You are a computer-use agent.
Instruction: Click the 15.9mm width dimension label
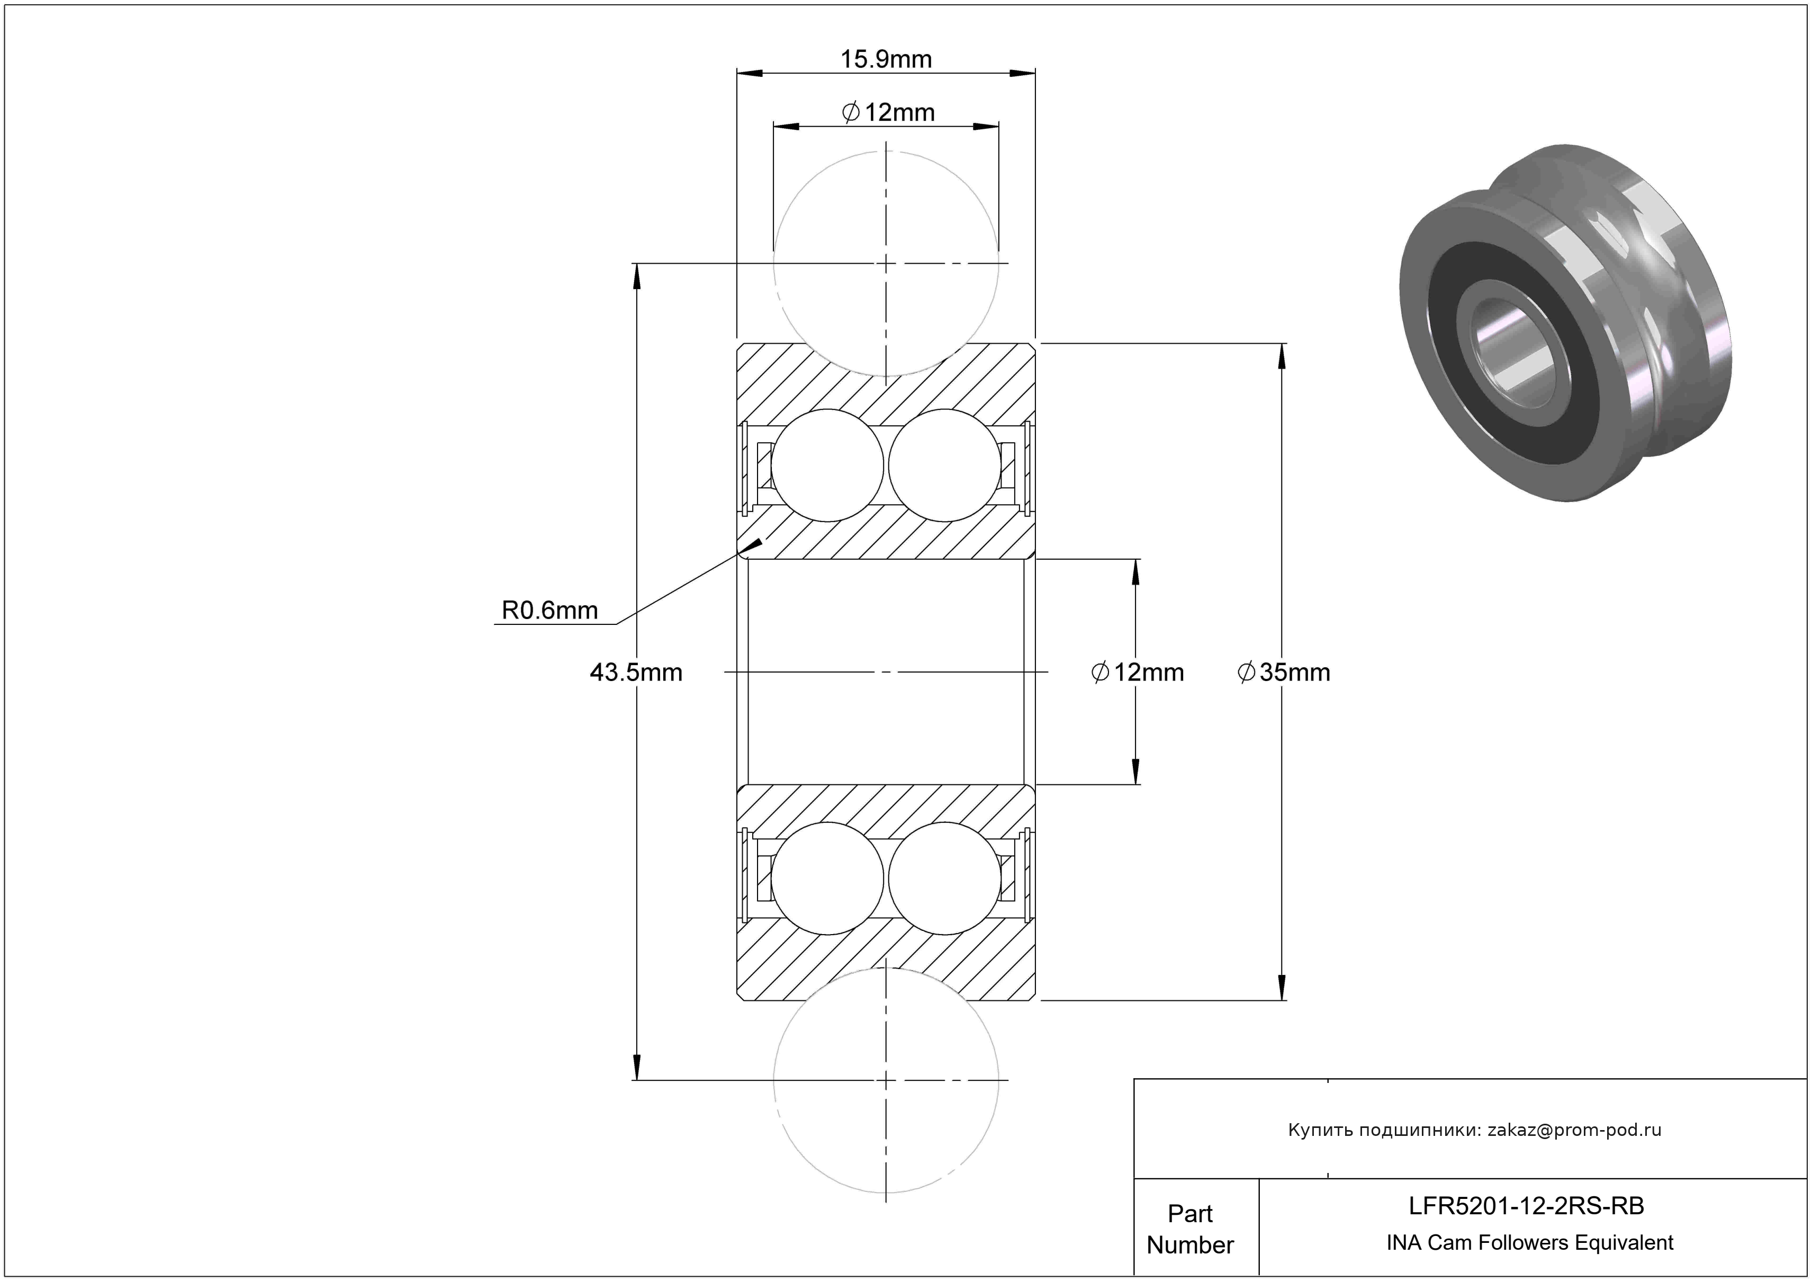886,59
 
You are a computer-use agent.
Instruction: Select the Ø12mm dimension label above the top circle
889,113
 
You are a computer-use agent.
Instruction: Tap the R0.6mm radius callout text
549,610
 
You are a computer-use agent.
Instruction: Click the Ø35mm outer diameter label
1284,673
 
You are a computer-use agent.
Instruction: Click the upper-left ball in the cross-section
827,465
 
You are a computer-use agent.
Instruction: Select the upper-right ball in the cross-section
945,465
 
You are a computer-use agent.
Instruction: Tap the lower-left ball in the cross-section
827,879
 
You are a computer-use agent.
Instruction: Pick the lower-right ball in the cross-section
945,879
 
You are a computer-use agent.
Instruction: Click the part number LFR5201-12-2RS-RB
1526,1206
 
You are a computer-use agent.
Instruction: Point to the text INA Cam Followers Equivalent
1529,1243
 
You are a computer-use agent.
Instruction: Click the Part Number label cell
1189,1229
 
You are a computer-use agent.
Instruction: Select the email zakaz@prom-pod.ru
1574,1130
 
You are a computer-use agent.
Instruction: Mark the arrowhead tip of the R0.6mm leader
762,540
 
